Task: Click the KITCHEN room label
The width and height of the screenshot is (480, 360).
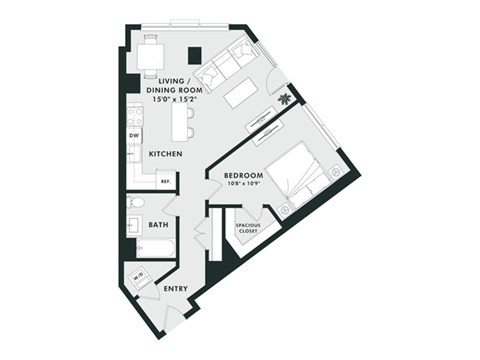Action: pos(164,154)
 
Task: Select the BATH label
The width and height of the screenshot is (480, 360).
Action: pos(158,225)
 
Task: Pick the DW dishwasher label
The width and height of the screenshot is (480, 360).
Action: pos(134,135)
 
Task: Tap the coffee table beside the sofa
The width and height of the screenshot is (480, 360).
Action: pos(244,93)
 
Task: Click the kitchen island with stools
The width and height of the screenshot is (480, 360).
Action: pos(182,121)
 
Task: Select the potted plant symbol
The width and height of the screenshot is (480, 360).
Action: pos(289,98)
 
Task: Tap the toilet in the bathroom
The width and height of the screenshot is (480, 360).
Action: pos(137,203)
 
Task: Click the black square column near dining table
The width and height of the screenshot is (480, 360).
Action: pos(195,55)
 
